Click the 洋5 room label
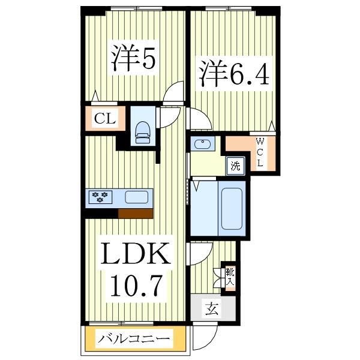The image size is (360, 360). coord(133,58)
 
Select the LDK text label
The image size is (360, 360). coord(135,256)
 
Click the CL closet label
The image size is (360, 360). coord(104,118)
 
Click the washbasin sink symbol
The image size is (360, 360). coord(202,144)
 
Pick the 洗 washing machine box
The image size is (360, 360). coord(236,166)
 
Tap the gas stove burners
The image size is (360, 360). coord(101,195)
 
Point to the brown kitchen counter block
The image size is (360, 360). coord(136,212)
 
